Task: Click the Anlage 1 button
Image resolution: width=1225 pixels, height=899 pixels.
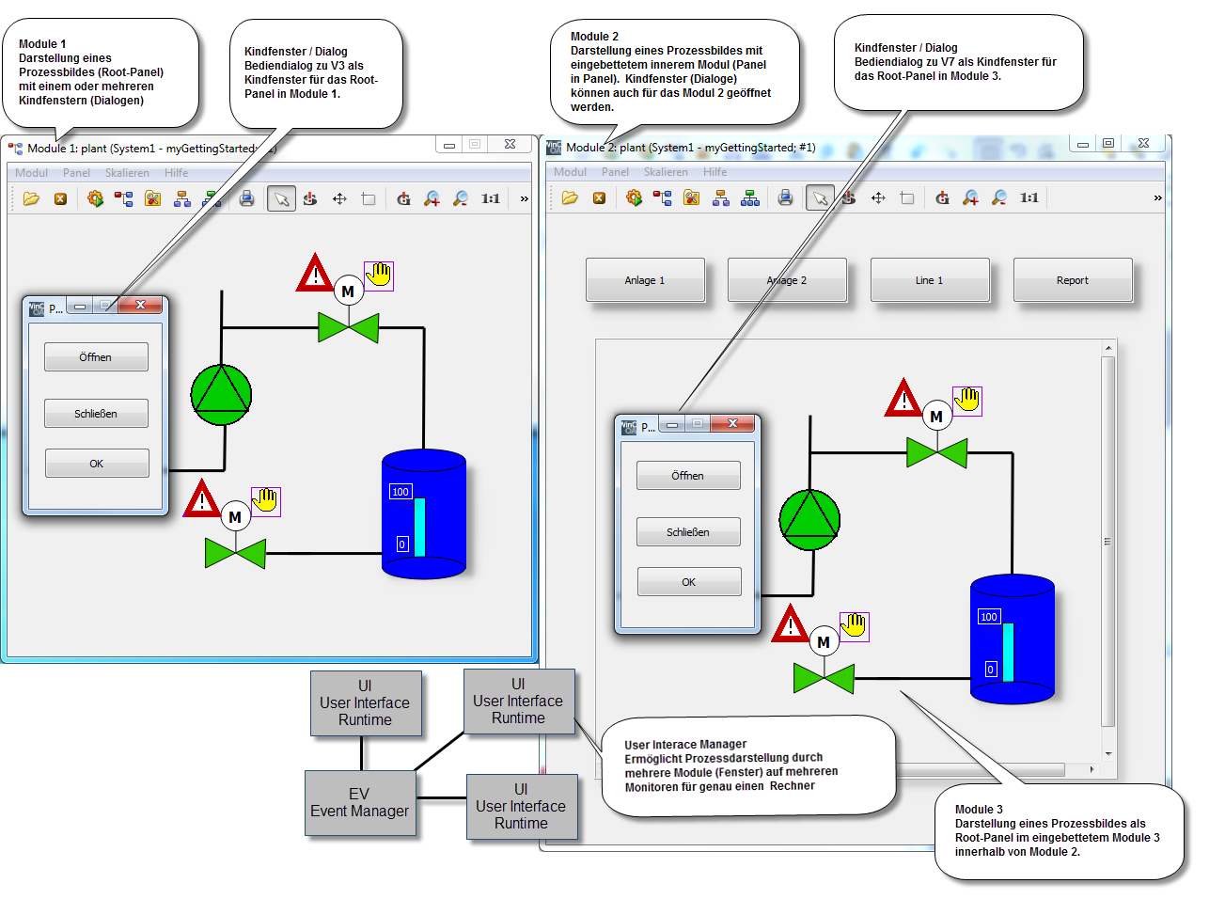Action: [645, 280]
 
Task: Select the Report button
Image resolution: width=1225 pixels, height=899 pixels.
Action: [1073, 280]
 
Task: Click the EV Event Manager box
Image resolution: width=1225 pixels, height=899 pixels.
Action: [360, 803]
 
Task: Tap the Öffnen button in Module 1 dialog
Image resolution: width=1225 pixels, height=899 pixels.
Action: [96, 357]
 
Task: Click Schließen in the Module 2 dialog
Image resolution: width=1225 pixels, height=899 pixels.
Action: [688, 532]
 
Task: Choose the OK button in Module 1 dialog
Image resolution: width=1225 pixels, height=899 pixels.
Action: [97, 464]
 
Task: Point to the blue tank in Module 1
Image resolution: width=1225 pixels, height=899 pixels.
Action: [424, 514]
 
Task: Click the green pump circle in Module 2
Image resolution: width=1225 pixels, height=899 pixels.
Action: [809, 520]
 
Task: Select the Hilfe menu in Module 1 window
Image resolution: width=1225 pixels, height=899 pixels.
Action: [176, 173]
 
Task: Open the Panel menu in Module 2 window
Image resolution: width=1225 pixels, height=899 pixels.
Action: [615, 172]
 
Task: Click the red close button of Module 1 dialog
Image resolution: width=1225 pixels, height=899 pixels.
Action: [140, 305]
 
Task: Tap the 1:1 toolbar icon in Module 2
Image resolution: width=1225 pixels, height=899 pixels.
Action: [1029, 198]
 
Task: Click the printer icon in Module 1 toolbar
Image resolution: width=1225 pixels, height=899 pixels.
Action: [246, 198]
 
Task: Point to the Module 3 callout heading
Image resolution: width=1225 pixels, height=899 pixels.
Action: [979, 810]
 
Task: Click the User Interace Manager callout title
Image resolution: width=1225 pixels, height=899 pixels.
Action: [685, 745]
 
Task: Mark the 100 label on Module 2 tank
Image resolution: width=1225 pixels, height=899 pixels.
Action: [989, 617]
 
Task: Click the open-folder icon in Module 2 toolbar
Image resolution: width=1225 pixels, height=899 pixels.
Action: [570, 198]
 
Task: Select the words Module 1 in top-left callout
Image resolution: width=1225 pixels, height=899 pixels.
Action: [42, 44]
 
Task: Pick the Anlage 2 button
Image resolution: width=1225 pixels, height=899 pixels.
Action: [787, 280]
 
